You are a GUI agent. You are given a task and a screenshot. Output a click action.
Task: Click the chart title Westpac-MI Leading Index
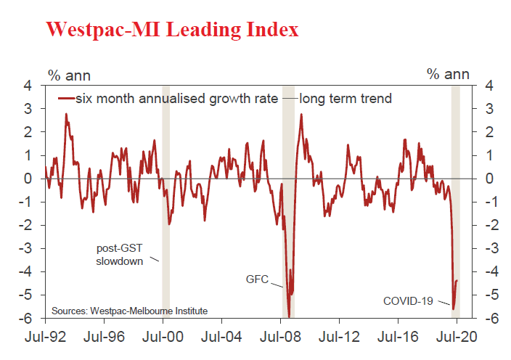click(171, 30)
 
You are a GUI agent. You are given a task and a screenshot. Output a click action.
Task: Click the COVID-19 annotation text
click(408, 300)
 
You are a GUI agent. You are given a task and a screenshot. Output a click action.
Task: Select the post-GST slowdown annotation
click(120, 254)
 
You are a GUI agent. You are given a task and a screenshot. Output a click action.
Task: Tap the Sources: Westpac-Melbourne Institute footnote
click(129, 311)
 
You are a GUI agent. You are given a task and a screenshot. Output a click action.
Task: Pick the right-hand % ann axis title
click(448, 74)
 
